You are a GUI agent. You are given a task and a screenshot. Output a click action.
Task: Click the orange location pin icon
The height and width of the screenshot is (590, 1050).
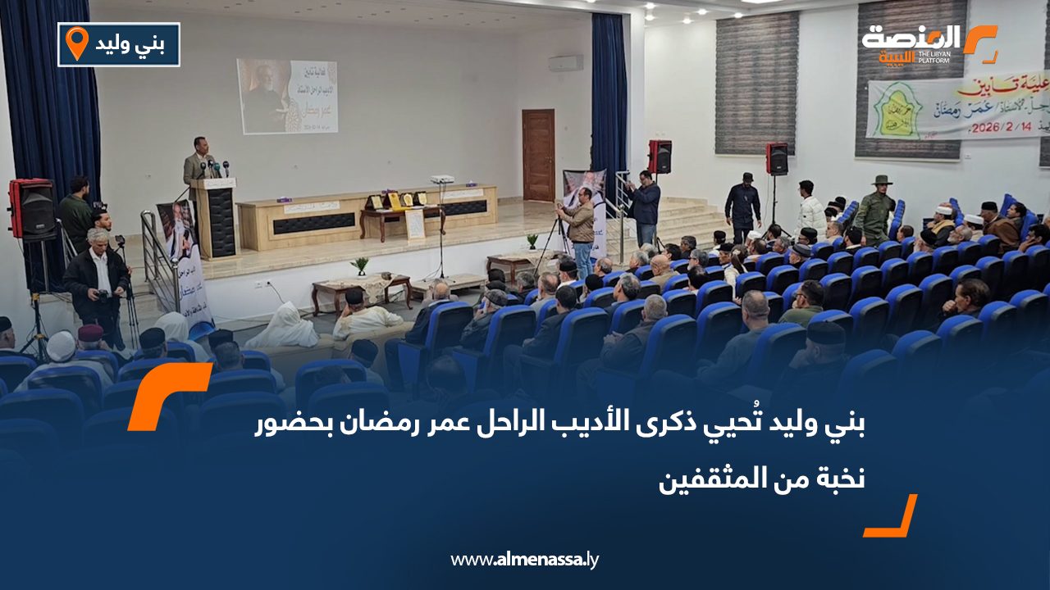pyautogui.click(x=76, y=43)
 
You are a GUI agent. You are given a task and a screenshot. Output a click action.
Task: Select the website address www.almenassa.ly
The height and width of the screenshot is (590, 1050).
pyautogui.click(x=525, y=560)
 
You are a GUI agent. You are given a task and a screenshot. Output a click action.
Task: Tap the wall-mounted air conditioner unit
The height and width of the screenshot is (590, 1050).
pyautogui.click(x=565, y=63)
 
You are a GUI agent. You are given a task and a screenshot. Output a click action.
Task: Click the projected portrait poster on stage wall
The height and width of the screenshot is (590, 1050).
pyautogui.click(x=286, y=96)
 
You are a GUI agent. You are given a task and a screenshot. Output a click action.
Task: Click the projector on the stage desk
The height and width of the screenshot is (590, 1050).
pyautogui.click(x=442, y=179)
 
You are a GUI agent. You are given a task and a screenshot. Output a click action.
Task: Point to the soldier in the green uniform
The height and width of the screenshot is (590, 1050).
pyautogui.click(x=877, y=211)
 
